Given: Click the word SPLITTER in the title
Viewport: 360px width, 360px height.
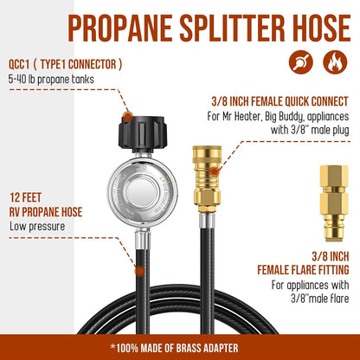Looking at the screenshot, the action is [232, 28].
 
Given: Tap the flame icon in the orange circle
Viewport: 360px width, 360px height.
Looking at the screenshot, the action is [335, 62].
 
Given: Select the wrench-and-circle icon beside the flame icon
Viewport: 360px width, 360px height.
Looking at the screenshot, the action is [301, 62].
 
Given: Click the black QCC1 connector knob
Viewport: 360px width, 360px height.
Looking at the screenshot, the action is [142, 133].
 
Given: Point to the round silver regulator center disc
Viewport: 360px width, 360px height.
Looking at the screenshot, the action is [142, 192].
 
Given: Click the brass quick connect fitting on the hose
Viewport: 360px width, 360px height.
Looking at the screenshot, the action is [207, 179].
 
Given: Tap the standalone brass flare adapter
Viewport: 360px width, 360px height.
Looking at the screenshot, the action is [334, 203].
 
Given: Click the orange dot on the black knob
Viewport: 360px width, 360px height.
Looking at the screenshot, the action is [127, 117].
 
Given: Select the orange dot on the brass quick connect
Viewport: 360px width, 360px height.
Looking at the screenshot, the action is [214, 172].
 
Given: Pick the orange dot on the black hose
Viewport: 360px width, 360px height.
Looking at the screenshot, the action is [140, 271].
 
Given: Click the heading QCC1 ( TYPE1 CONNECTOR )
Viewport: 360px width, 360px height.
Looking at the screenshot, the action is [65, 64].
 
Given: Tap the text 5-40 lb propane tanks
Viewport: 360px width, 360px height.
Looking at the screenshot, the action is [51, 79].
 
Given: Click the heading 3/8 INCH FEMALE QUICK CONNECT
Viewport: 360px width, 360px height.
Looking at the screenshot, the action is [280, 101].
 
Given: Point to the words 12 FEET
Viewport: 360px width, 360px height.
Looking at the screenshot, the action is [25, 198].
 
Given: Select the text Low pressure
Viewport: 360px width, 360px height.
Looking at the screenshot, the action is [37, 226].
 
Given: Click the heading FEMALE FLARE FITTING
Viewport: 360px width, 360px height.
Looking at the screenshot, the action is [303, 270].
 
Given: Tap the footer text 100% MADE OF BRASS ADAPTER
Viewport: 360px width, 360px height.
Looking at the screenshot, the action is [177, 348].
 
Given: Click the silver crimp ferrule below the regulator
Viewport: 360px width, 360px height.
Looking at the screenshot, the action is [143, 239].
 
